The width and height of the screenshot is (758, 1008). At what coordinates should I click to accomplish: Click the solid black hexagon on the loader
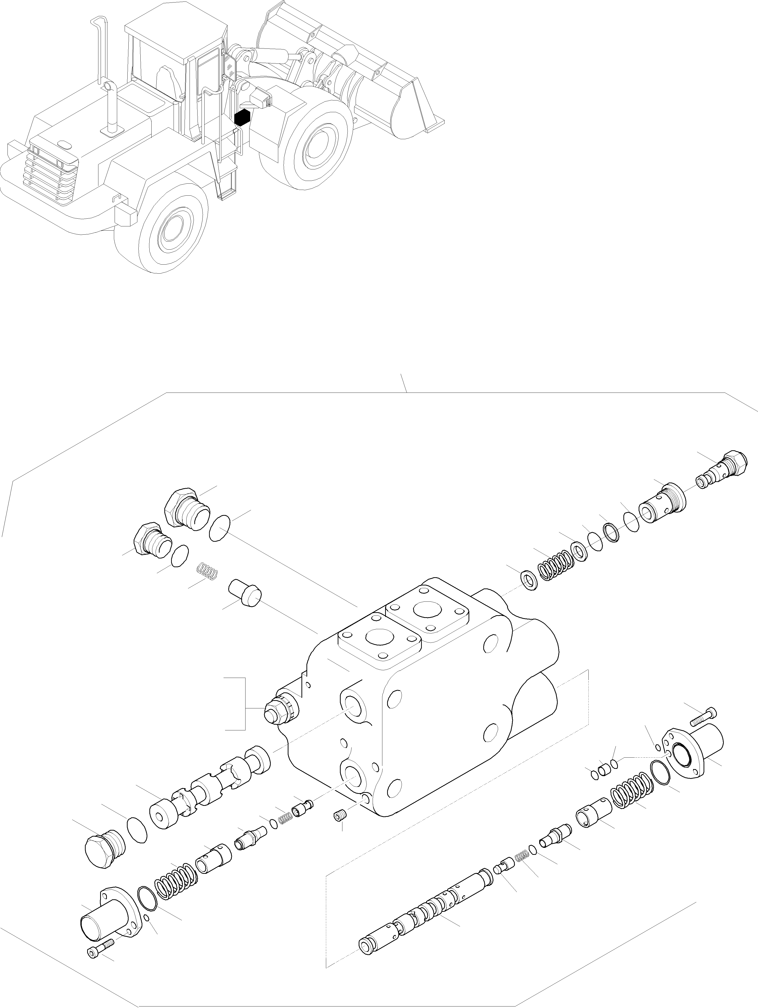point(242,117)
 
